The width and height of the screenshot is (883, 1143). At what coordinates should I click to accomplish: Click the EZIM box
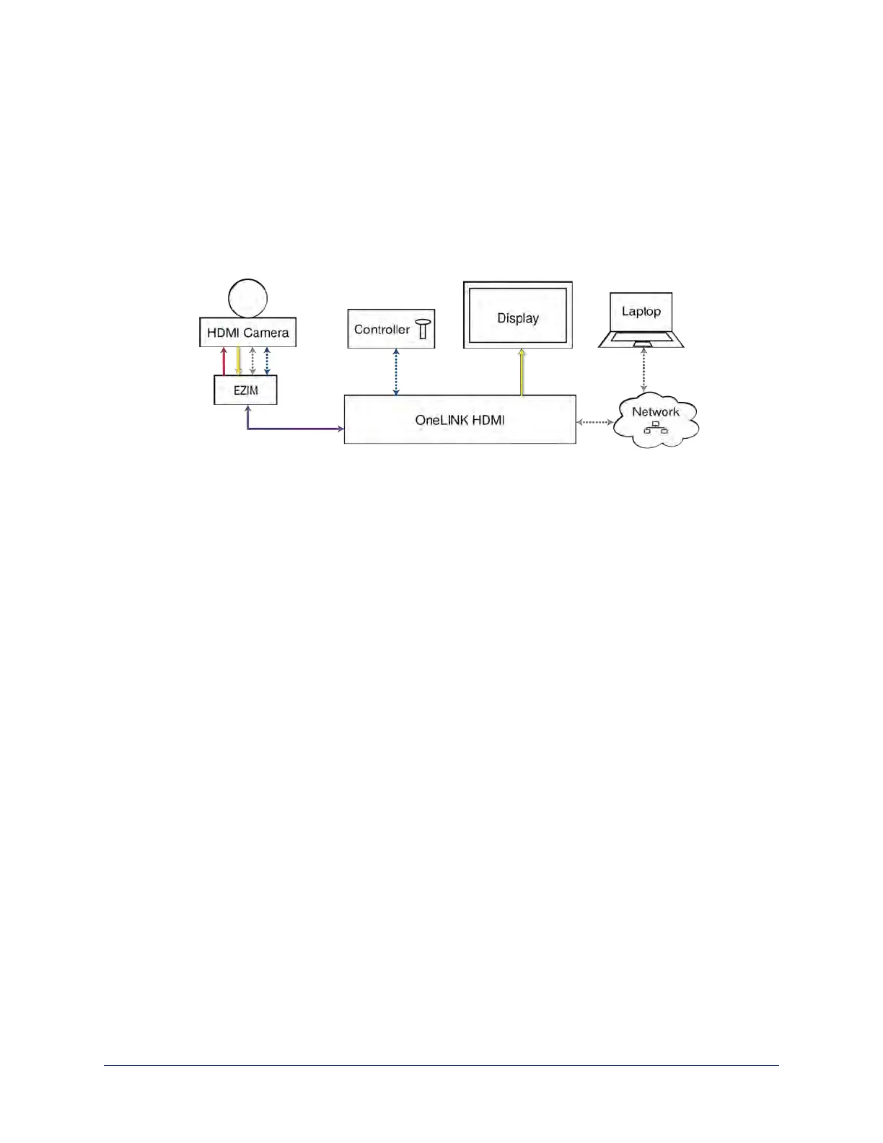pos(245,390)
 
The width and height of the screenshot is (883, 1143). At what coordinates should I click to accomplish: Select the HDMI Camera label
pos(247,333)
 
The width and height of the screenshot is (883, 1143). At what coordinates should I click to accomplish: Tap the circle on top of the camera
pos(247,297)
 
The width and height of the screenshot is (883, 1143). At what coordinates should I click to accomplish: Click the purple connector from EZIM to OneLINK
pos(289,429)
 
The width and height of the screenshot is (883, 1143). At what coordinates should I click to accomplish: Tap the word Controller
pos(382,329)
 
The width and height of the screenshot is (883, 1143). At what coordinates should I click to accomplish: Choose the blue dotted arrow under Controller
pos(396,372)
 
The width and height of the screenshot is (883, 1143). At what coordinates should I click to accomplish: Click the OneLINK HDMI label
pos(460,419)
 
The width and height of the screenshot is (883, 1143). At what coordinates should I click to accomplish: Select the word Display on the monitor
pos(518,318)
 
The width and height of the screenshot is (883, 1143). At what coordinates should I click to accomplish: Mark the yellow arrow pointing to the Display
pos(522,372)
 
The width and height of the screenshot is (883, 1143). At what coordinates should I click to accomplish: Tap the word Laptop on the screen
pos(641,311)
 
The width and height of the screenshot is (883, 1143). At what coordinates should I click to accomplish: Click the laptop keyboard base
pos(641,339)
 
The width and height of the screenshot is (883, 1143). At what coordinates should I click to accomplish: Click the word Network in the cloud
pos(655,412)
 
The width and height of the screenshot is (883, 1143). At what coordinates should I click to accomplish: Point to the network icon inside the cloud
pos(655,427)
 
